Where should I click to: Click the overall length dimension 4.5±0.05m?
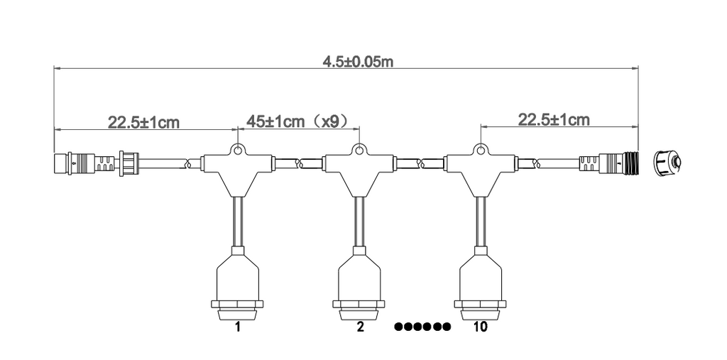(358, 61)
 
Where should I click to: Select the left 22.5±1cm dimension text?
(143, 122)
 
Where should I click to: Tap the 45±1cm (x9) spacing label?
(297, 121)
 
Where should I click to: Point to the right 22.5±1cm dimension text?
(553, 119)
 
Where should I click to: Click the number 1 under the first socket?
(238, 327)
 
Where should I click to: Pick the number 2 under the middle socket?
(360, 327)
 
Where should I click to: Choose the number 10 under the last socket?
(480, 327)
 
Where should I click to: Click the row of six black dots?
(422, 327)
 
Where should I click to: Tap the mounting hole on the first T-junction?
(238, 150)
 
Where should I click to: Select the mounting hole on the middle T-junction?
(360, 150)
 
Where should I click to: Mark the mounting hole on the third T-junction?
(481, 150)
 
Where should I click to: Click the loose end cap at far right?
(668, 163)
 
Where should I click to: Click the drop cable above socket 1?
(238, 220)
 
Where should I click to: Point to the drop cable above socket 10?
(481, 220)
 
